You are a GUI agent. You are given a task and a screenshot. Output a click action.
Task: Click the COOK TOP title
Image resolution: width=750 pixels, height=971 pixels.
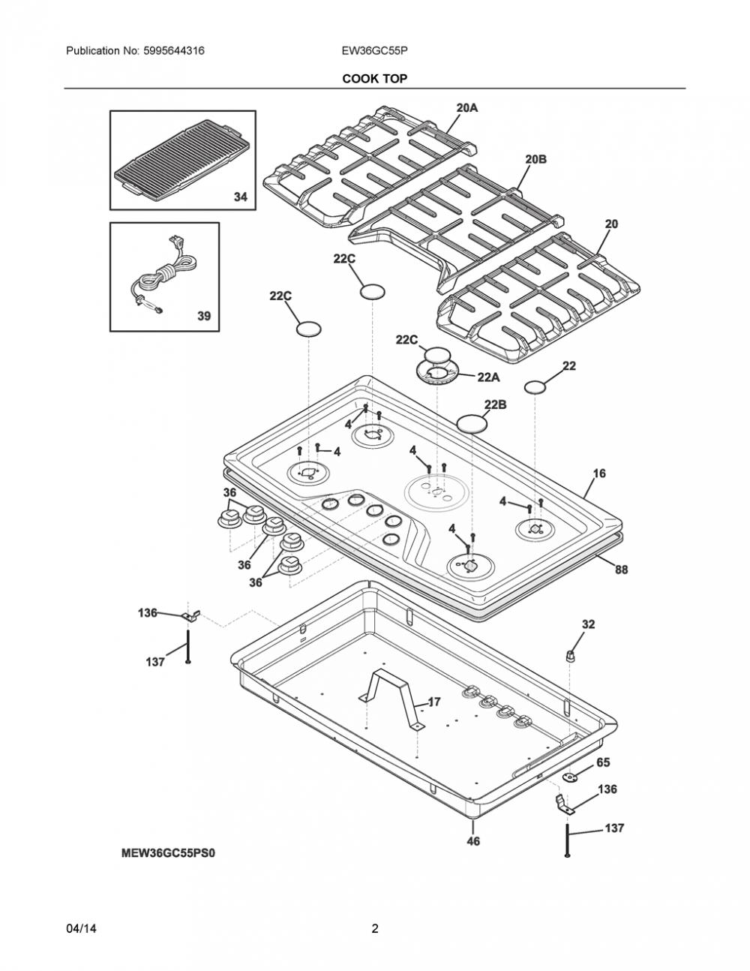tap(374, 79)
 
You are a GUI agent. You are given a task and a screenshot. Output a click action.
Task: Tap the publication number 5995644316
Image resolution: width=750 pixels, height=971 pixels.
tap(174, 51)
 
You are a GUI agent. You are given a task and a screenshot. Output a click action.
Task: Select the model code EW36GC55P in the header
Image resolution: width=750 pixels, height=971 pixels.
tap(374, 51)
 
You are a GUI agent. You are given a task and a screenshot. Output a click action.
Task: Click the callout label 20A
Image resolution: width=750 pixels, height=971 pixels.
tap(466, 108)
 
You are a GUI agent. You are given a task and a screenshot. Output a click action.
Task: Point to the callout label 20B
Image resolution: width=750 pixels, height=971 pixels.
tap(535, 159)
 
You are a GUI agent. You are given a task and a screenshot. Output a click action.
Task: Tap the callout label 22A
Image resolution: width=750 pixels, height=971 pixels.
tap(488, 377)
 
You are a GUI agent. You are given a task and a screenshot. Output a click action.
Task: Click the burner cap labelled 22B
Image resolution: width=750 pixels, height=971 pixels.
tap(472, 422)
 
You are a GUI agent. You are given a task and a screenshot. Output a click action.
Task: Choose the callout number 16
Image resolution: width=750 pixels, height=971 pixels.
tap(599, 473)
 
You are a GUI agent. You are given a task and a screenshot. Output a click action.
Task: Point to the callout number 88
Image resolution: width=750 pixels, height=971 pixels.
tap(622, 570)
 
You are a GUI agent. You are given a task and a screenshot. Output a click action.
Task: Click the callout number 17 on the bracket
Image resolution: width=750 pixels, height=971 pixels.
tap(434, 702)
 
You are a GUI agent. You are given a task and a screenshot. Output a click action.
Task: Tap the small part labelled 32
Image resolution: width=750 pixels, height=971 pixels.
tap(570, 656)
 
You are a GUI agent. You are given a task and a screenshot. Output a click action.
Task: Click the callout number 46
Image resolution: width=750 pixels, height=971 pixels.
tap(473, 841)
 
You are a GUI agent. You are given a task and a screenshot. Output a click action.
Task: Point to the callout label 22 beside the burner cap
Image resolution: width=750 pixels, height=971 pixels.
tap(569, 366)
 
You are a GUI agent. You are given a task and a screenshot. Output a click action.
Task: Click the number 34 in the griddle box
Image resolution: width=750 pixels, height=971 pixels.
tap(241, 197)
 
